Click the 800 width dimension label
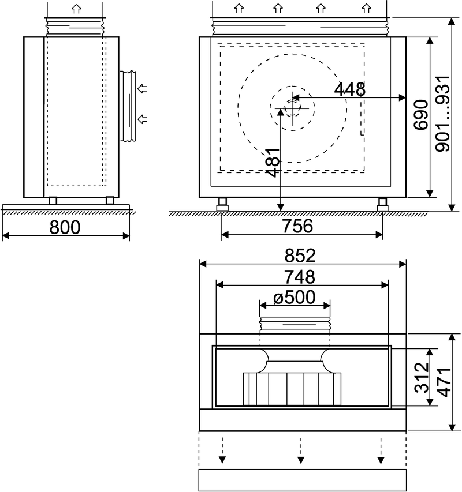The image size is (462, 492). [65, 227]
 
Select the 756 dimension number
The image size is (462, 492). [298, 226]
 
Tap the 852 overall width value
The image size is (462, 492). [300, 256]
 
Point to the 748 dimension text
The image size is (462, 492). [300, 277]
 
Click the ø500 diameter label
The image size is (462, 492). [295, 297]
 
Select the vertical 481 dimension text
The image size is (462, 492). [273, 163]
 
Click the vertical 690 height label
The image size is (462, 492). [421, 115]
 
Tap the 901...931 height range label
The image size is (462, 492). [443, 114]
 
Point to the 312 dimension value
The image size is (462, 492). [422, 378]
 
